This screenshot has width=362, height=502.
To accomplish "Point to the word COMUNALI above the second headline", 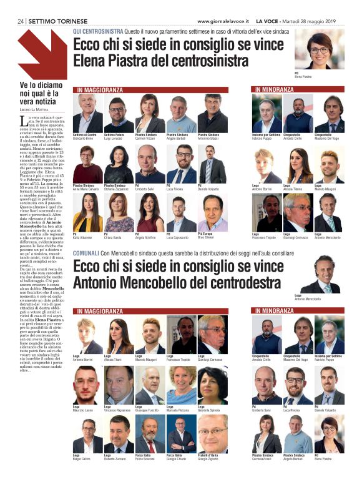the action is pyautogui.click(x=88, y=253).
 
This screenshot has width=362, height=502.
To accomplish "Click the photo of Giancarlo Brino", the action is pyautogui.click(x=87, y=112).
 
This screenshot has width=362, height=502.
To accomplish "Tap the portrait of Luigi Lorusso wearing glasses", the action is pyautogui.click(x=119, y=112).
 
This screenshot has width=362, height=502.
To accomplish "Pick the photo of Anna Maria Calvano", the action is pyautogui.click(x=87, y=164).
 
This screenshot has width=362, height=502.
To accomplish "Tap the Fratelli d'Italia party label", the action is pyautogui.click(x=211, y=457).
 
